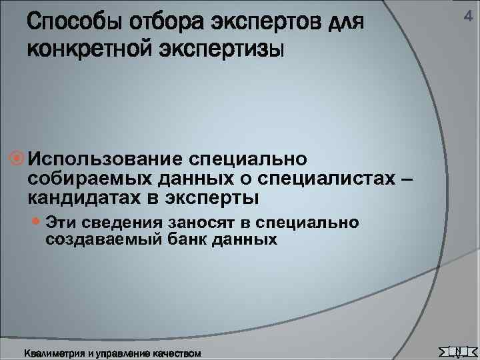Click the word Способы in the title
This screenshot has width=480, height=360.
tap(68, 24)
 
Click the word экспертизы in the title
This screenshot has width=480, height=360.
tap(220, 49)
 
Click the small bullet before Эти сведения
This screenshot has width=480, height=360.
tap(37, 222)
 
